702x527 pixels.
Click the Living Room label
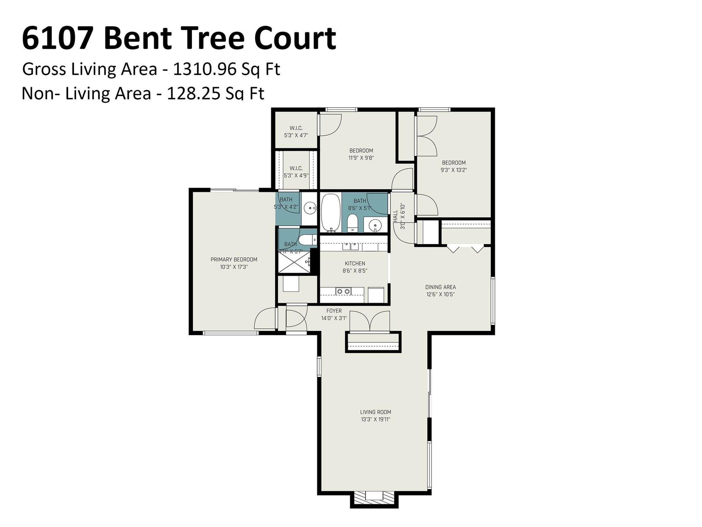375,412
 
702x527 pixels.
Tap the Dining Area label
440,287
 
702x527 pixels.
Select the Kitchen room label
355,263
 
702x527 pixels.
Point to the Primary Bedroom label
234,260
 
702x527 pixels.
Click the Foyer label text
334,311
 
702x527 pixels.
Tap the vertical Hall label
395,217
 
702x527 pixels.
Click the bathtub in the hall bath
331,213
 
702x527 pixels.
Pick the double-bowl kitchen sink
343,291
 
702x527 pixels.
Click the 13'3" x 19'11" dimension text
375,419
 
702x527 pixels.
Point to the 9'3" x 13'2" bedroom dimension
454,170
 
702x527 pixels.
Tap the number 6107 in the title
58,39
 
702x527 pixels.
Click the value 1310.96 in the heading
205,69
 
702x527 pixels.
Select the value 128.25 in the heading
193,93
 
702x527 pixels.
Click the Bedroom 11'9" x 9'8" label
361,151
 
